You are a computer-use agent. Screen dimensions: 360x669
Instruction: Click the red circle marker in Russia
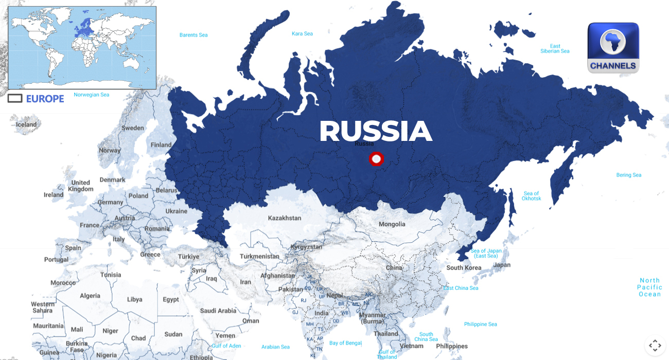[377, 159]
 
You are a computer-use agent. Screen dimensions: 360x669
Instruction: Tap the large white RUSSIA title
[376, 131]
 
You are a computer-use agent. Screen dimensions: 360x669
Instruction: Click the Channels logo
[613, 48]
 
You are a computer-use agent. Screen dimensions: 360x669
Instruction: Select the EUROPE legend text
[45, 99]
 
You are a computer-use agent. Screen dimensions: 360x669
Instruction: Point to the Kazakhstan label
[285, 218]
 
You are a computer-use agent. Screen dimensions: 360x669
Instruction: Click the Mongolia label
[392, 224]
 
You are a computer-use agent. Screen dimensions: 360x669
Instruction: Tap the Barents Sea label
[193, 35]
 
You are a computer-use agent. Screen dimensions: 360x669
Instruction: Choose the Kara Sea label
[302, 34]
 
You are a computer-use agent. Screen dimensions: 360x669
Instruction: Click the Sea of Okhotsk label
[531, 196]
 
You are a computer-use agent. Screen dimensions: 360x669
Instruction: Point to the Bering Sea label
[629, 175]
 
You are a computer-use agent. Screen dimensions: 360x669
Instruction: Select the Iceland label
[26, 124]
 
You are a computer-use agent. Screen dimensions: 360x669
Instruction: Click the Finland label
[161, 145]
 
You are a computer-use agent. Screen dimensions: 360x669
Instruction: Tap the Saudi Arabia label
[218, 311]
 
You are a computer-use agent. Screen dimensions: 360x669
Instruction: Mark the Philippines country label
[451, 346]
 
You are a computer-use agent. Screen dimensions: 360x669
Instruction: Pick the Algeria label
[90, 296]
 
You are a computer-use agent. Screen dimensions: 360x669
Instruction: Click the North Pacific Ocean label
[649, 287]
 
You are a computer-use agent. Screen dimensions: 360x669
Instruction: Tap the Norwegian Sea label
[92, 95]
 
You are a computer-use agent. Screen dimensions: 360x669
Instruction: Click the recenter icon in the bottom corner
[655, 345]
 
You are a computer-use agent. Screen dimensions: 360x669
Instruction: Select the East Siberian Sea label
[555, 48]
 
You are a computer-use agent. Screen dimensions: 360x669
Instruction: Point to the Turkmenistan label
[259, 256]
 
